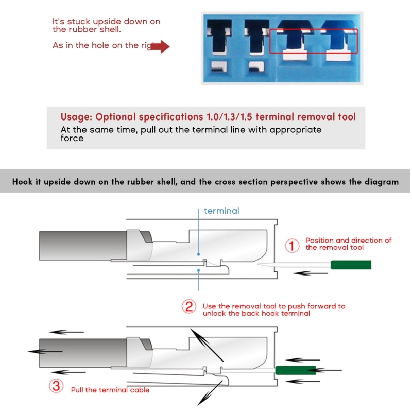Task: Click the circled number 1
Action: [292, 246]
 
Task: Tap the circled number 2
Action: [189, 307]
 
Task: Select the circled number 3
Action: [56, 386]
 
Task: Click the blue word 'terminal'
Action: [221, 211]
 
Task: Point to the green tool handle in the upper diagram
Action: [351, 265]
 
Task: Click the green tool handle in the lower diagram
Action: [295, 370]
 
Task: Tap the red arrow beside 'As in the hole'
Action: [160, 46]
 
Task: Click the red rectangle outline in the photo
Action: [314, 41]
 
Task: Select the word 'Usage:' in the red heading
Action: [76, 117]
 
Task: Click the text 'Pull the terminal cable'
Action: [110, 390]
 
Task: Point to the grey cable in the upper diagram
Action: [82, 245]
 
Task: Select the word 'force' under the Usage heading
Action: [72, 138]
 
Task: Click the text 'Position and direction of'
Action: [349, 241]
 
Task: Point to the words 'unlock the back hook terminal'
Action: [256, 313]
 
